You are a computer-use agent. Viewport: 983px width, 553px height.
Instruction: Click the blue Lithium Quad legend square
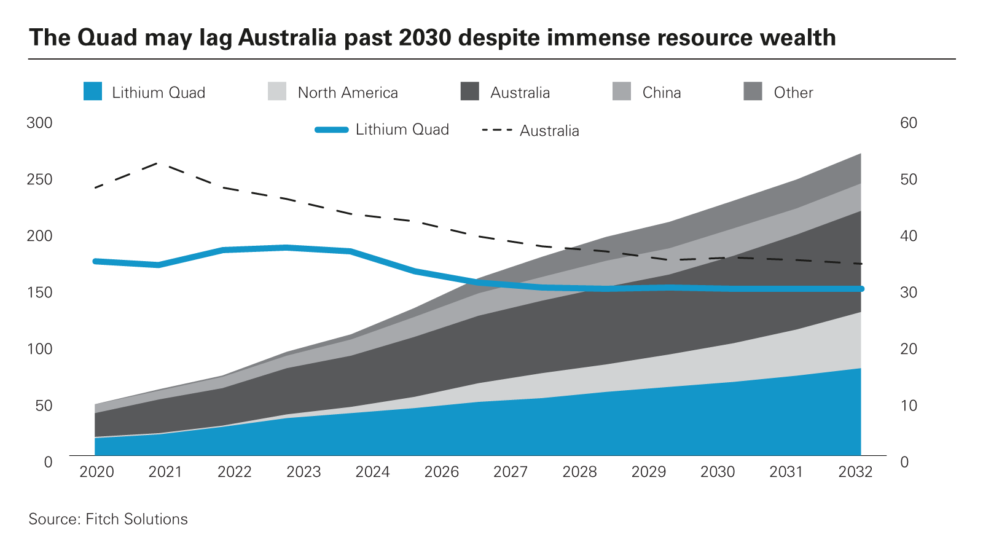[x=93, y=92]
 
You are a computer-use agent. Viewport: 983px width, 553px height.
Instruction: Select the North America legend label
[x=348, y=93]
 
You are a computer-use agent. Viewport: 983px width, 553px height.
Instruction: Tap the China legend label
[x=662, y=93]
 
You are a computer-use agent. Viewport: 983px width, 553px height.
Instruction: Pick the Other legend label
[x=793, y=93]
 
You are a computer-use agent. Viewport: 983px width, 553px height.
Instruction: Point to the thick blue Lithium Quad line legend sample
[x=332, y=130]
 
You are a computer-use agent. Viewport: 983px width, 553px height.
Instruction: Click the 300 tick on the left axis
[x=40, y=123]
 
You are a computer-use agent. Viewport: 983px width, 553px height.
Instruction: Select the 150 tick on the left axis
[x=40, y=292]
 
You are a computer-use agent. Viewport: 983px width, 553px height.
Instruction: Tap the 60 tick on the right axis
[x=909, y=123]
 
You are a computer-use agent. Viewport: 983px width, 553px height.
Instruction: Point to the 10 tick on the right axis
[x=909, y=406]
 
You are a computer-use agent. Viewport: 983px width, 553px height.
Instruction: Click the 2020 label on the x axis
[x=97, y=472]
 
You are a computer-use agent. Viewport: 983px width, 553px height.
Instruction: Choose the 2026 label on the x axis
[x=442, y=472]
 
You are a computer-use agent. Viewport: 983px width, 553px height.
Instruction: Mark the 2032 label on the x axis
[x=855, y=472]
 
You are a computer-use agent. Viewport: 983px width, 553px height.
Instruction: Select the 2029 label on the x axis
[x=649, y=472]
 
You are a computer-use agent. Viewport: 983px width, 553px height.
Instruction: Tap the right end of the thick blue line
[x=861, y=289]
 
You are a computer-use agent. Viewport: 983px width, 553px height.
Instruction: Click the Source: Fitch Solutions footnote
[x=108, y=519]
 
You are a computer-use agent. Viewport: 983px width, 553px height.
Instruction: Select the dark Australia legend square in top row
[x=470, y=92]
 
